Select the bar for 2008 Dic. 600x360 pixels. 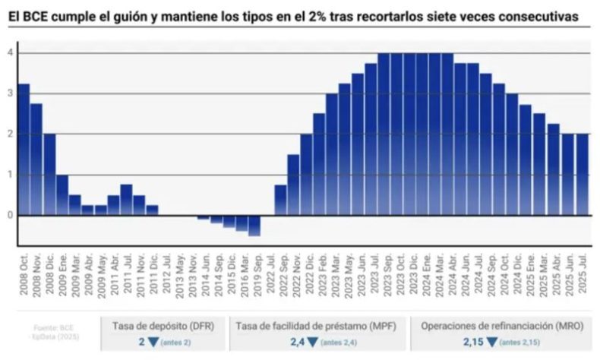[49, 175]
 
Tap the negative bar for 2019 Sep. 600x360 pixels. [254, 225]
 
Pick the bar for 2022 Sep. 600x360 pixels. [280, 200]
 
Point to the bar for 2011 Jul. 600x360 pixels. [126, 200]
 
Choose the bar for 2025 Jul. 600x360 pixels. [583, 175]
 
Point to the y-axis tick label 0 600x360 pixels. [9, 215]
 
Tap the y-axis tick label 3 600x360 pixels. [9, 93]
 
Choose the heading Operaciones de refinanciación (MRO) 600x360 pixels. [503, 325]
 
